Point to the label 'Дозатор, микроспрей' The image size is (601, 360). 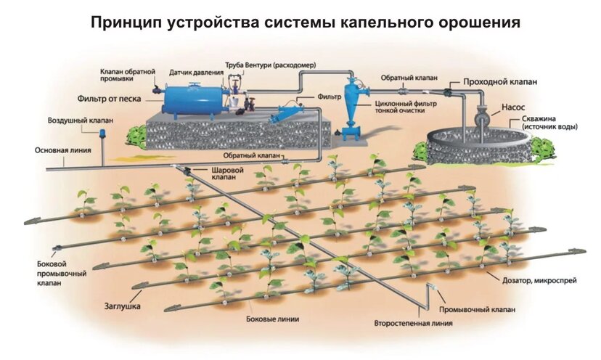(x=538, y=279)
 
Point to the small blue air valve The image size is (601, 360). (x=102, y=133)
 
